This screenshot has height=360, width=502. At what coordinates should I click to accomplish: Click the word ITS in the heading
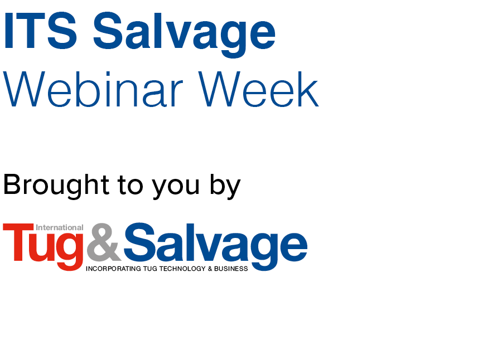[40, 31]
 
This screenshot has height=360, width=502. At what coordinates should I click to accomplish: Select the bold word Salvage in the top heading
[184, 35]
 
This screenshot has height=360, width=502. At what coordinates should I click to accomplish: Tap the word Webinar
[93, 89]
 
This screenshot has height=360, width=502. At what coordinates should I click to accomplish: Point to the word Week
[258, 89]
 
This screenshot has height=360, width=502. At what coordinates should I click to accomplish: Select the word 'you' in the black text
[176, 188]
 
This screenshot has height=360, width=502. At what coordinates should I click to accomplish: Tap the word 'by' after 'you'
[225, 186]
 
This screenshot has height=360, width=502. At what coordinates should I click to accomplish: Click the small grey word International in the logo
[60, 227]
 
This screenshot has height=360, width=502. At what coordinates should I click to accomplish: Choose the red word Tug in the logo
[43, 246]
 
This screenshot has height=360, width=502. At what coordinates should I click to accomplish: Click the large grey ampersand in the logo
[104, 242]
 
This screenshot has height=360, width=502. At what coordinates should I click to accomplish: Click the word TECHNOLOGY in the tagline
[182, 269]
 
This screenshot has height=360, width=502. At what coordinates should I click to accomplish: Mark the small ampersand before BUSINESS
[210, 269]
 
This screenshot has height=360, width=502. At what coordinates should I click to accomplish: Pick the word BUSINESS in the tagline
[231, 269]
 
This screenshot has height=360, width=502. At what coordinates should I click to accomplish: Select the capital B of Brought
[12, 184]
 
